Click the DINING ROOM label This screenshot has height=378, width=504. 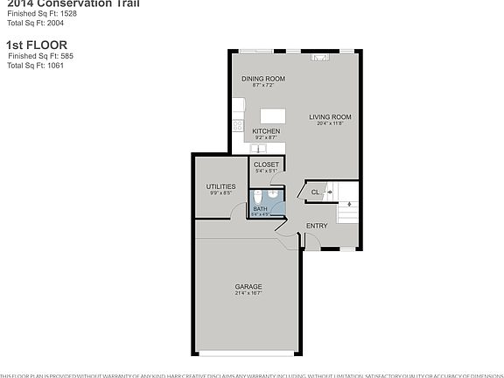click(x=263, y=79)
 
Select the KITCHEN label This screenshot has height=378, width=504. click(x=266, y=131)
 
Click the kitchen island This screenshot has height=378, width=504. click(x=274, y=115)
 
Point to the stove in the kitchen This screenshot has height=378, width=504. click(x=237, y=125)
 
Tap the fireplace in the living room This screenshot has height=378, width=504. click(x=321, y=59)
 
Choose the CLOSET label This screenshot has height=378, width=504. click(x=266, y=164)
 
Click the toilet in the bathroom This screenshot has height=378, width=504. click(x=273, y=193)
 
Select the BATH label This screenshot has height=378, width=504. click(x=260, y=209)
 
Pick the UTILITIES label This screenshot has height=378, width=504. click(x=220, y=186)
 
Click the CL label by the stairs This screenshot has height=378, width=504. click(x=317, y=191)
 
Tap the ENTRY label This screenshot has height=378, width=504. click(x=316, y=226)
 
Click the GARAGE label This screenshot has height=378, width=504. click(x=248, y=286)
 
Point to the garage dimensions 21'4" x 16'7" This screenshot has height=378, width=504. click(x=248, y=293)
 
